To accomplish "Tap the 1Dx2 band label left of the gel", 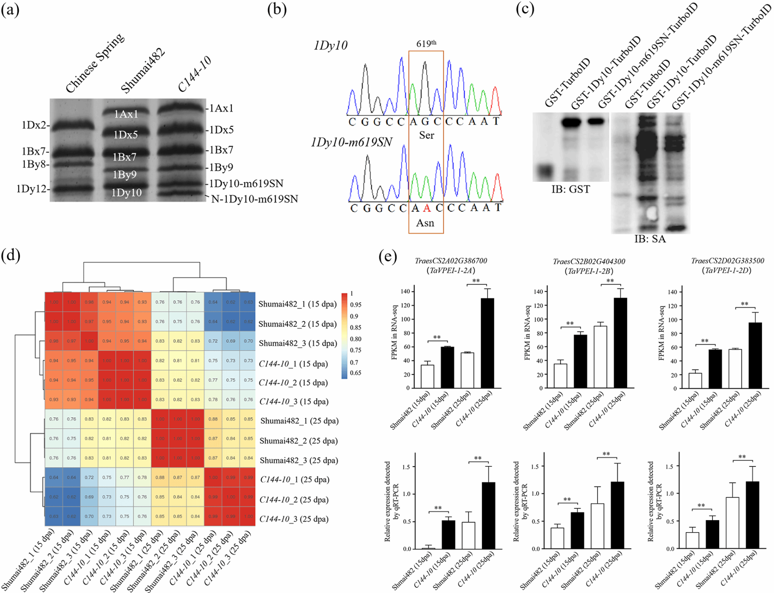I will [x=33, y=125].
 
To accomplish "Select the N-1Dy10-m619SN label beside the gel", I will [x=254, y=199].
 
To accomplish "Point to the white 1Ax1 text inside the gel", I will [x=126, y=114].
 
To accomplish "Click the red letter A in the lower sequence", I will [x=427, y=208].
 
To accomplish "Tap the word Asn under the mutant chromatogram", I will [x=425, y=223].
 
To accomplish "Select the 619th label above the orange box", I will [x=426, y=44].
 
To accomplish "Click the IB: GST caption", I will [x=570, y=189].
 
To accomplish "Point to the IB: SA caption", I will [x=650, y=239].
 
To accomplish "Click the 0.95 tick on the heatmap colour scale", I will [x=355, y=305].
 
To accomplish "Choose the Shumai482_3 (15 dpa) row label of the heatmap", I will [x=297, y=343].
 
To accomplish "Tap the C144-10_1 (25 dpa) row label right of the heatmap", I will [x=295, y=480].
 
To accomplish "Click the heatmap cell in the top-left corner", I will [x=54, y=302].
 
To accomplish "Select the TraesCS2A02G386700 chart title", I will [x=451, y=261].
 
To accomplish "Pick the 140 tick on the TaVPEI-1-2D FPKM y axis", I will [x=672, y=292].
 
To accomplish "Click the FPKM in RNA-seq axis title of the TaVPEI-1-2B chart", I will [x=528, y=333].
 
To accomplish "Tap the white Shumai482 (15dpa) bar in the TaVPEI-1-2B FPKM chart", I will [x=560, y=376].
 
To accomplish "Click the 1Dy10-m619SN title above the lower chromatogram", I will [x=351, y=142].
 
